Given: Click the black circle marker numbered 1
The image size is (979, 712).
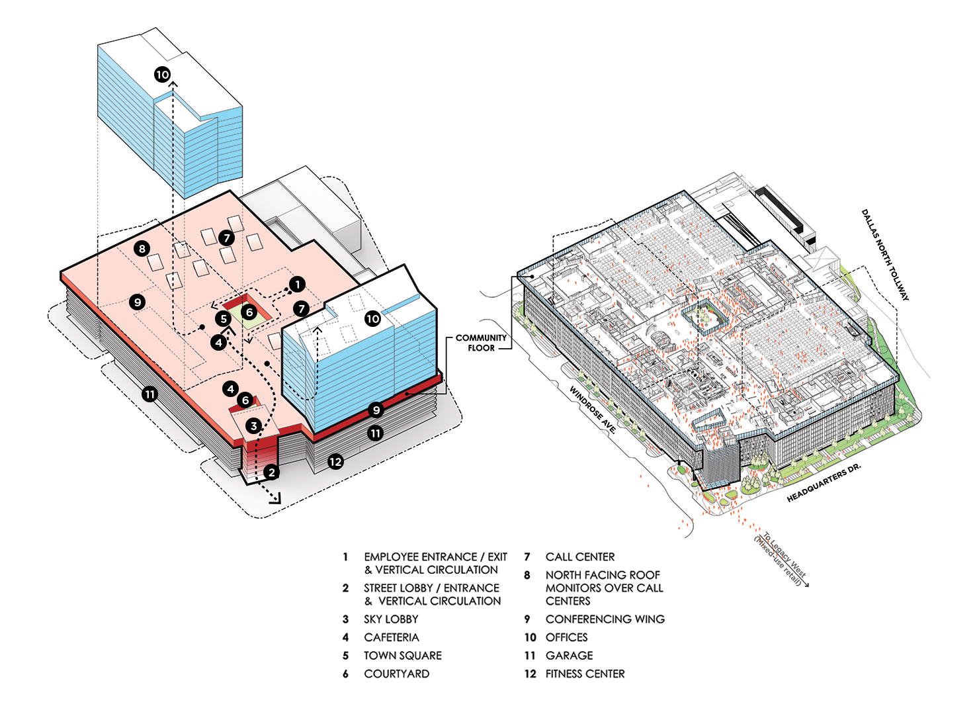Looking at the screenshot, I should pos(297,285).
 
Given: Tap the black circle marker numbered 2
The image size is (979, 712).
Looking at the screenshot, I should pos(271,472).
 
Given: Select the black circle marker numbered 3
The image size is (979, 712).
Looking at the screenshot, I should pos(254,426).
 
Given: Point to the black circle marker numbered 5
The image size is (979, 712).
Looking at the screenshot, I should pos(224,319).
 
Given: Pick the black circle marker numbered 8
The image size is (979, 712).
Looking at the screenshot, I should pos(142,249).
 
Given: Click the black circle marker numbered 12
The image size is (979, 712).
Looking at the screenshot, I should pos(336,462).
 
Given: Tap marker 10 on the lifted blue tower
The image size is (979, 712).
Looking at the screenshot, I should pos(163,74).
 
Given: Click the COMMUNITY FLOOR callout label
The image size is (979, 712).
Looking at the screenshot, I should pos(481,343).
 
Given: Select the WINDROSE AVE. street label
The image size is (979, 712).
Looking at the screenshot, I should pos(593,410).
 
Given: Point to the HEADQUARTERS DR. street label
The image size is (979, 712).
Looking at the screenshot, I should pos(824,482).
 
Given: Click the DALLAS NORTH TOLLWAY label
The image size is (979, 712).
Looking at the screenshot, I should pos(885,255).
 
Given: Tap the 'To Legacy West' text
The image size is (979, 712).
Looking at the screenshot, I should pos(785,555).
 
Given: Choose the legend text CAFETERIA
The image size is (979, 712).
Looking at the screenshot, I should pos(392,637).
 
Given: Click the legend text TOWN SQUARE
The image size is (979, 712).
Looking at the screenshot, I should pos(403,656).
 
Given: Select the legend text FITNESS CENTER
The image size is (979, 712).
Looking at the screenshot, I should pos(585,674).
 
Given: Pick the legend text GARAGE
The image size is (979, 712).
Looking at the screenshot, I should pos(569,656).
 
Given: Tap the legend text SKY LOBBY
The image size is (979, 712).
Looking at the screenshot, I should pos(391,619).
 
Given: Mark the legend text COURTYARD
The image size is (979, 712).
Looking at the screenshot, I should pos(397,674).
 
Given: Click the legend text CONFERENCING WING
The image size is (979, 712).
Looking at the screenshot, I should pos(605,619).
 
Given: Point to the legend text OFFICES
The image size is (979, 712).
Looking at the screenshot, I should pos(566,637).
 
